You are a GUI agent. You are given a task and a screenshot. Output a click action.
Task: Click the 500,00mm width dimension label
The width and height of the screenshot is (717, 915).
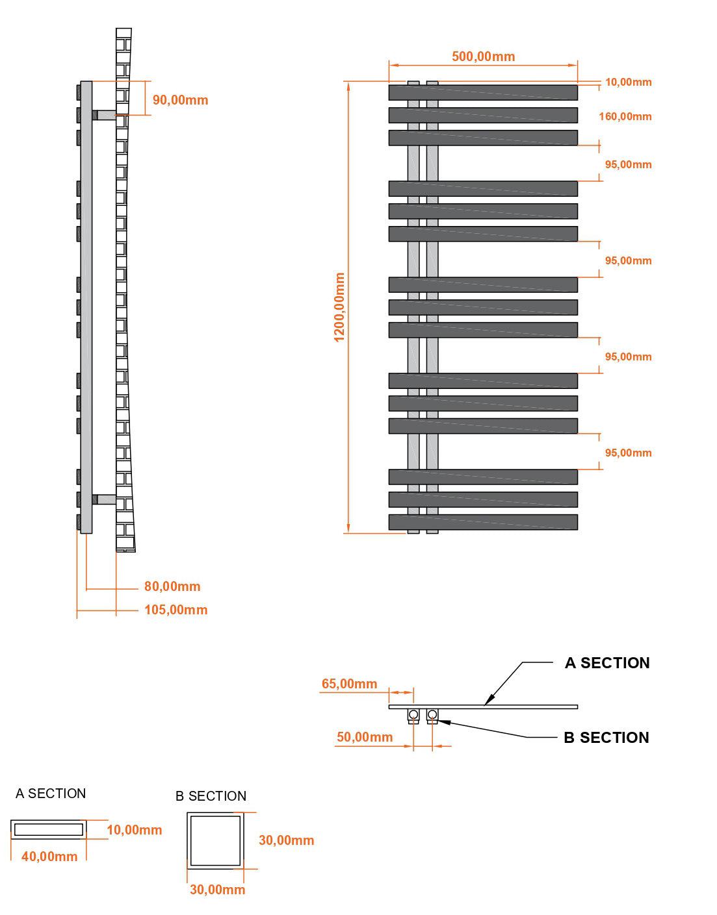click(483, 56)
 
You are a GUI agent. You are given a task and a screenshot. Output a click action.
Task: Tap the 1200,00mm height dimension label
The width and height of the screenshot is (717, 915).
click(339, 307)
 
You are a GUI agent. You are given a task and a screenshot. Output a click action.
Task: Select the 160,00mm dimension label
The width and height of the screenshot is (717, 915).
click(625, 117)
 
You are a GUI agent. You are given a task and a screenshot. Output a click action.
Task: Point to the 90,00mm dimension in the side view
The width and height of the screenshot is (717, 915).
click(180, 100)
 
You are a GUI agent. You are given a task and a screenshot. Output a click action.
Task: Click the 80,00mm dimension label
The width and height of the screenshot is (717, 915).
click(172, 586)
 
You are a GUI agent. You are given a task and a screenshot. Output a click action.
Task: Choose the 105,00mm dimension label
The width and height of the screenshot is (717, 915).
click(176, 610)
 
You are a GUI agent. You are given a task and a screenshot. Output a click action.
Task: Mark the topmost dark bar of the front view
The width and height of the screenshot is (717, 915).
click(483, 93)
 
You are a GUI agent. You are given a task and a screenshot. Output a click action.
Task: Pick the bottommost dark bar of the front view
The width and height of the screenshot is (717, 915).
click(483, 521)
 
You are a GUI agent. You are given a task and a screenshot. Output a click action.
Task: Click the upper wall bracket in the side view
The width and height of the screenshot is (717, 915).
click(104, 115)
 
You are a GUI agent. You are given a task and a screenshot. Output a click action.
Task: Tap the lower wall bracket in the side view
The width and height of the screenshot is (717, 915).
click(104, 499)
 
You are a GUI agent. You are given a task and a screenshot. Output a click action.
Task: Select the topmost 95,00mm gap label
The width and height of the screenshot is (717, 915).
click(628, 165)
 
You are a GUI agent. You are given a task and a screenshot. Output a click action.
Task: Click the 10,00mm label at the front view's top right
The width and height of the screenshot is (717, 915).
click(628, 82)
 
